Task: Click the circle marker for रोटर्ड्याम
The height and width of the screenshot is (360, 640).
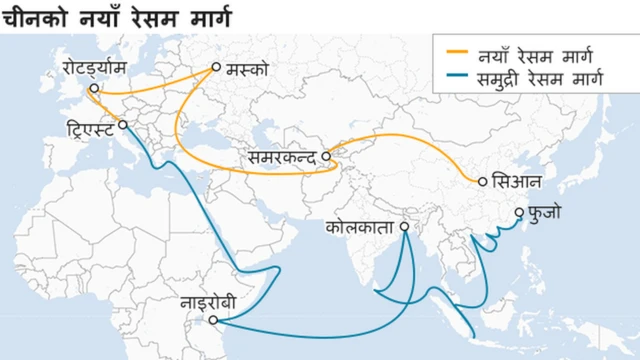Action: (92, 88)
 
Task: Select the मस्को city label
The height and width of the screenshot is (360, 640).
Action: (246, 70)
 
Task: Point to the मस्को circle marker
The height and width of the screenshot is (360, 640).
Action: (215, 69)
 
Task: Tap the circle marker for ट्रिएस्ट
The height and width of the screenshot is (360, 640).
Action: (122, 125)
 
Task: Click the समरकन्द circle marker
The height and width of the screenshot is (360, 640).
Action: (326, 157)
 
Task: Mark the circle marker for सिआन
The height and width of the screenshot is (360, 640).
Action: (482, 182)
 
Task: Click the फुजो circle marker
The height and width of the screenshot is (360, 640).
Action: (519, 212)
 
